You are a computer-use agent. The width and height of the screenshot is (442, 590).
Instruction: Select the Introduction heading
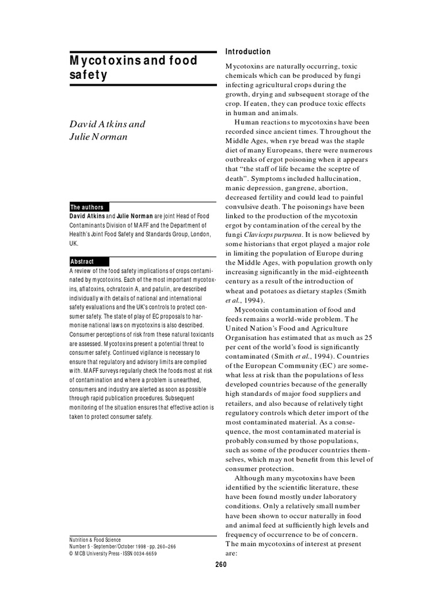pos(248,52)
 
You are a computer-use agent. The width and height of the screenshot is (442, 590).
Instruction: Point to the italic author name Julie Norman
pos(98,137)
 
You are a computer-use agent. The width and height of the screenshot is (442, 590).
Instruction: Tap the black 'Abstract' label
pos(82,262)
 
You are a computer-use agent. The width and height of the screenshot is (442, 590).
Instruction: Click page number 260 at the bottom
pos(220,565)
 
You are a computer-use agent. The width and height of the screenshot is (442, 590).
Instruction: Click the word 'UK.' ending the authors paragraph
pos(74,243)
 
